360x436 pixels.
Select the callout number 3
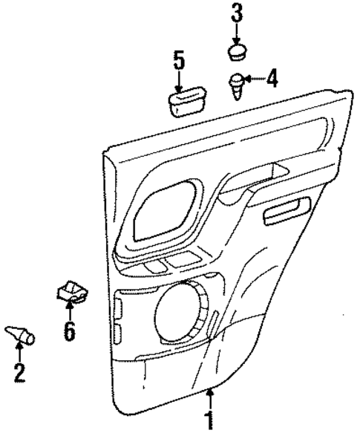pos(236,13)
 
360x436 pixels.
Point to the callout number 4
pos(272,77)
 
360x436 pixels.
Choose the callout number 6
pos(69,331)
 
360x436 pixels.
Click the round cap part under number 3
pos(237,51)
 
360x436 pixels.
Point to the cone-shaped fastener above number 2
pos(21,334)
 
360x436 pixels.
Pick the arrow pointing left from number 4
pos(252,78)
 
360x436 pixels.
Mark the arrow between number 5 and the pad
pos(178,80)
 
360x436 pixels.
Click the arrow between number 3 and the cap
pos(236,33)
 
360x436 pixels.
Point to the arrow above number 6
pos(68,310)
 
